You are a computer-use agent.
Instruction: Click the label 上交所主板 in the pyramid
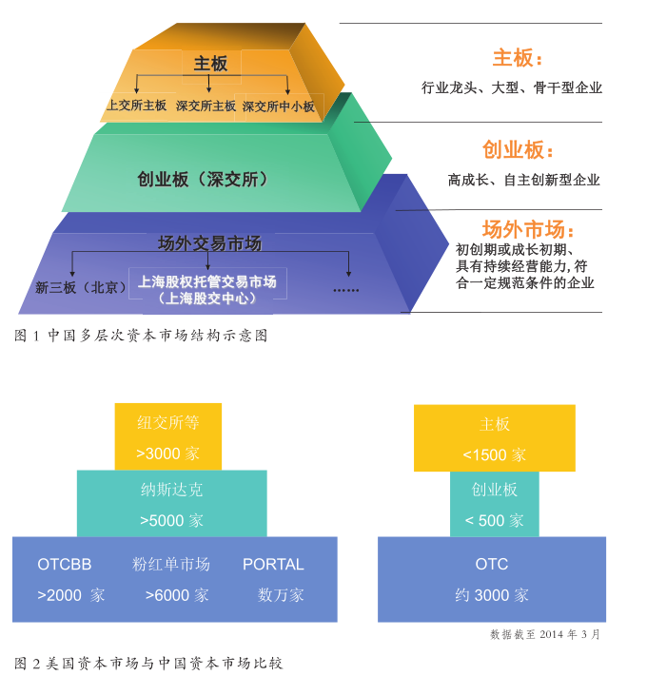(137, 106)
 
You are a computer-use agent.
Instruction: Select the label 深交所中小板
(278, 106)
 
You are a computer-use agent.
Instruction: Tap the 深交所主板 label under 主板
(206, 106)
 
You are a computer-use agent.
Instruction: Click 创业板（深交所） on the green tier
(203, 179)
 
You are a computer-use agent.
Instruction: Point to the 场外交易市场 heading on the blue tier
(209, 243)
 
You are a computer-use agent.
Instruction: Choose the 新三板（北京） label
(81, 286)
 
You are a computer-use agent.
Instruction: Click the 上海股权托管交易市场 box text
(207, 281)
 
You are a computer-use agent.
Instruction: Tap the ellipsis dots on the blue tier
(345, 288)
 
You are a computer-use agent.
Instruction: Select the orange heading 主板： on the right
(518, 58)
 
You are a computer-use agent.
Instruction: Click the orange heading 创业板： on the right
(518, 150)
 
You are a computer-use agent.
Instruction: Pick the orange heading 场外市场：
(528, 229)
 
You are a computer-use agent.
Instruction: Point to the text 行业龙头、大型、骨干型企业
(512, 87)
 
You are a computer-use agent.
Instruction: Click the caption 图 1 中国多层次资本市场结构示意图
(142, 336)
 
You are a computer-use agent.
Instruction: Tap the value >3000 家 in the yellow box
(167, 454)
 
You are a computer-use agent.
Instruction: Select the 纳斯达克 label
(171, 490)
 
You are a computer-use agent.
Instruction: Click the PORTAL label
(273, 564)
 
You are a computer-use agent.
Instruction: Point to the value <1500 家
(494, 454)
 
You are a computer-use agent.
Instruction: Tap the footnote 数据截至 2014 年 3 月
(545, 634)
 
